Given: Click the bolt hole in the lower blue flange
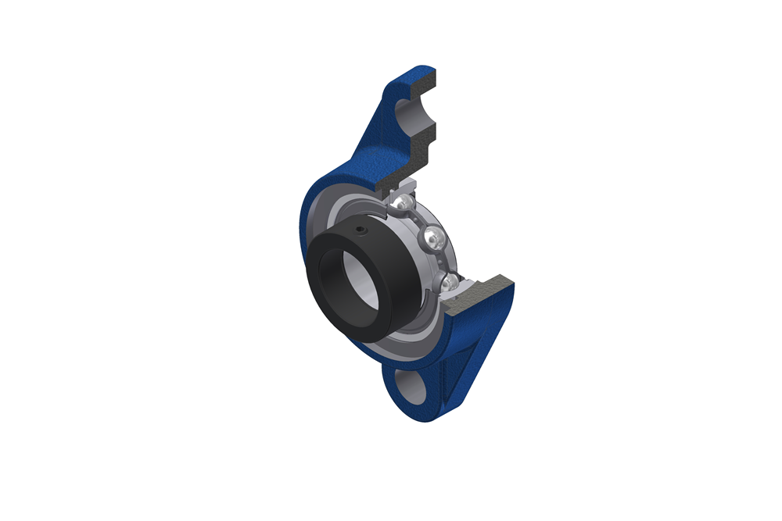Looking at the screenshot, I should (x=411, y=385).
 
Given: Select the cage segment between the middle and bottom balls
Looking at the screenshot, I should (x=442, y=262).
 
